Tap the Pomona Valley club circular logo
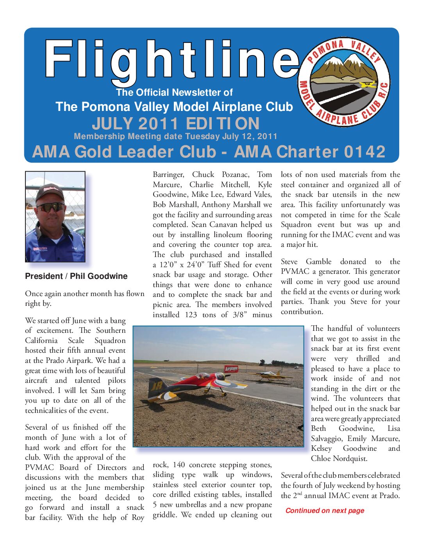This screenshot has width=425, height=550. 344,82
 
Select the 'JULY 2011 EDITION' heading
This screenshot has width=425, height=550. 176,123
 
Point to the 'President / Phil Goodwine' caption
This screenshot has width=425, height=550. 76,276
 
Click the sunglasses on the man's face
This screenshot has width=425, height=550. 50,207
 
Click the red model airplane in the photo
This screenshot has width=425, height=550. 195,385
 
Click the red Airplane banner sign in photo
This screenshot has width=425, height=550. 231,369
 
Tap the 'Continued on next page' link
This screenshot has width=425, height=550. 325,511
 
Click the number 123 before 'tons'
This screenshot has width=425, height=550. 191,314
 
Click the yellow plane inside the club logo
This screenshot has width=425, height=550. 368,84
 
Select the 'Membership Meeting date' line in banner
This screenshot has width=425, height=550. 175,136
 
